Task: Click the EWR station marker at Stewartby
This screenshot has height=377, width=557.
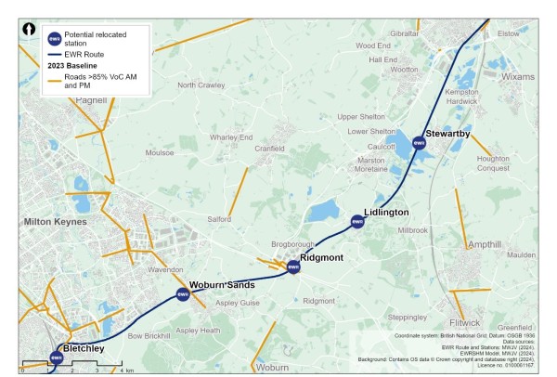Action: pos(418,142)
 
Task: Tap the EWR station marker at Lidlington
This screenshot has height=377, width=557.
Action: pos(357,220)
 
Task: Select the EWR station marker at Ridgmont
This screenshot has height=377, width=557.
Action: pos(293,267)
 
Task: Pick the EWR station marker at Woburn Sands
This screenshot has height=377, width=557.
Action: pos(183,294)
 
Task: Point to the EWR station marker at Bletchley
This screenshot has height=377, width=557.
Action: pos(57,357)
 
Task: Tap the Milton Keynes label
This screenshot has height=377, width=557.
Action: pos(56,222)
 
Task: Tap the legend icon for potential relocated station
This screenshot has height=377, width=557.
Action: pos(54,39)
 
